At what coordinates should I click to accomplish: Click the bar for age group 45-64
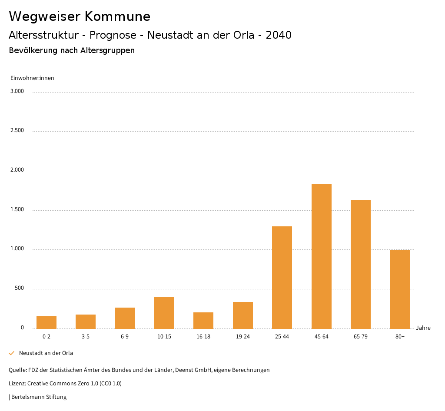(321, 256)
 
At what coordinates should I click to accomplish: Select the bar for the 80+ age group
(400, 289)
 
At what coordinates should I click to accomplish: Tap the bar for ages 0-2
(46, 322)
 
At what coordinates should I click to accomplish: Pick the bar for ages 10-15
(164, 312)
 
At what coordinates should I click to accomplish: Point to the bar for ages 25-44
(282, 277)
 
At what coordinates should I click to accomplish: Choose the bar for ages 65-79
(361, 264)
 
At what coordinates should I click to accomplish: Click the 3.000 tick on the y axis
(17, 91)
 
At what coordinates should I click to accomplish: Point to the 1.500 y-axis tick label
(17, 210)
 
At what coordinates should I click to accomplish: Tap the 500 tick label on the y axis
(19, 288)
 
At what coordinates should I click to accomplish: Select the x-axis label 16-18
(203, 337)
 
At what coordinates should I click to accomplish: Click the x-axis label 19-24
(242, 337)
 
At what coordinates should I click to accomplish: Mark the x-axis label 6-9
(125, 337)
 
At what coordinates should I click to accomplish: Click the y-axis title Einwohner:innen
(32, 78)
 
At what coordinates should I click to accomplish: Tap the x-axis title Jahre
(423, 328)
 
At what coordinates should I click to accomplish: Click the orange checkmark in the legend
(12, 353)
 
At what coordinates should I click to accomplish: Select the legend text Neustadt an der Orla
(46, 353)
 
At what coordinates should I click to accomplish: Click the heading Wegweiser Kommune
(80, 17)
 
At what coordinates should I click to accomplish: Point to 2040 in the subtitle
(279, 35)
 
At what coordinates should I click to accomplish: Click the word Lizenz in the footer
(17, 384)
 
